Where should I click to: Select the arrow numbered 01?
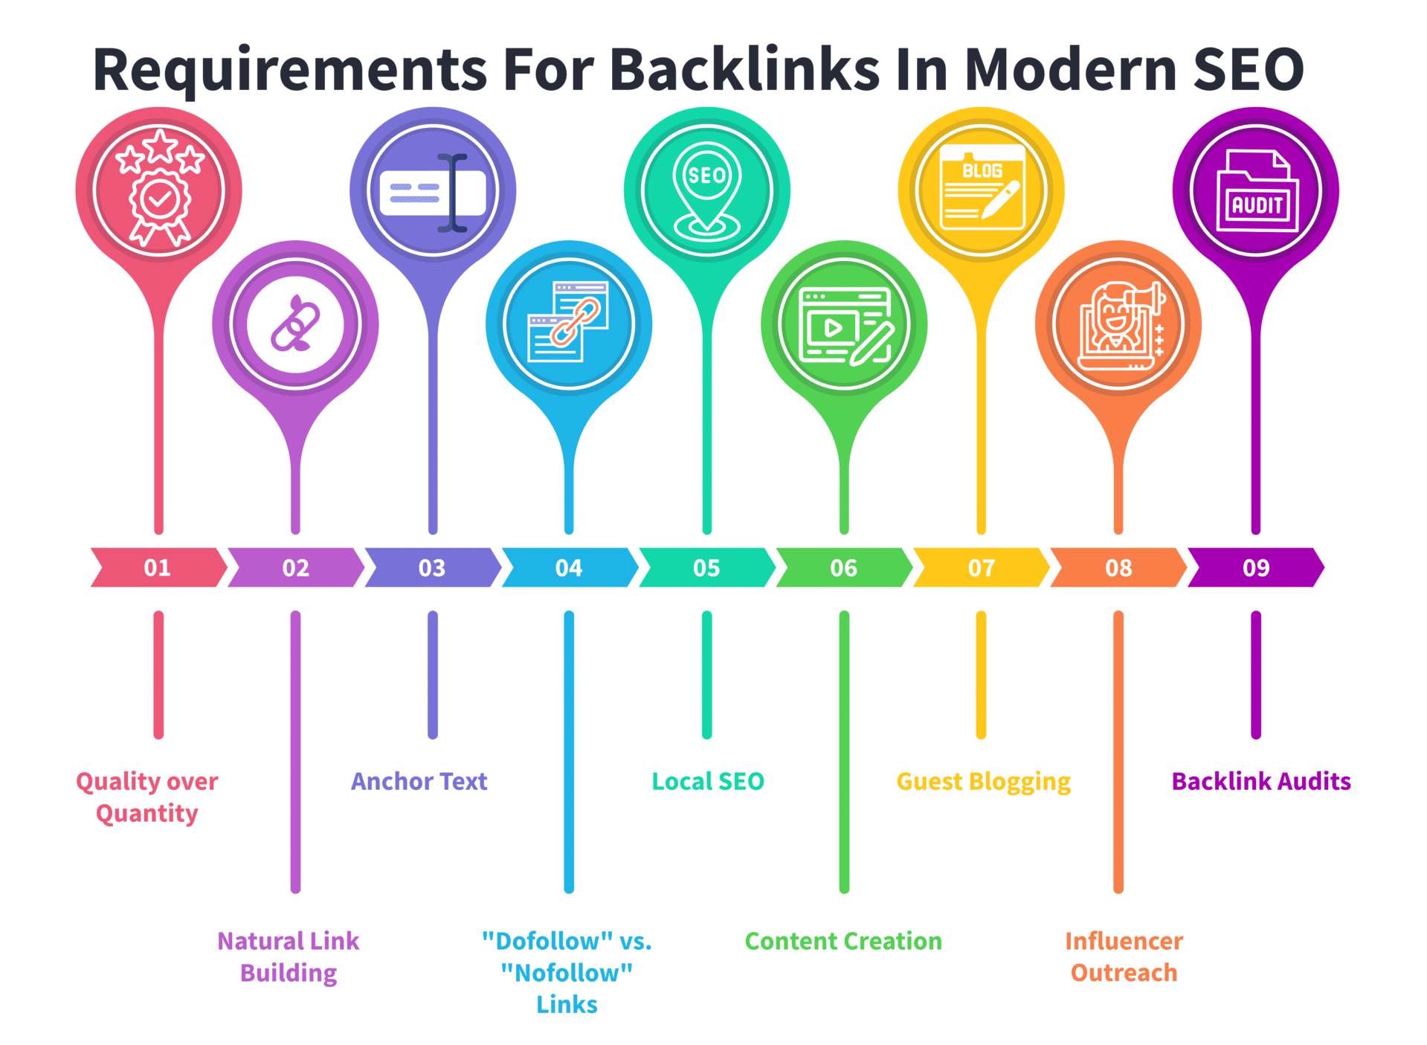pyautogui.click(x=158, y=567)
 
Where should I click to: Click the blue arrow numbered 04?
pyautogui.click(x=569, y=567)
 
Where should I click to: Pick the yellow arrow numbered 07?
pyautogui.click(x=981, y=567)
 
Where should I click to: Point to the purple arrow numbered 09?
pyautogui.click(x=1255, y=567)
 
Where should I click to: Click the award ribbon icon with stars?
pyautogui.click(x=159, y=190)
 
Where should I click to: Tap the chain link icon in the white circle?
pyautogui.click(x=296, y=324)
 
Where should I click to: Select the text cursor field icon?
pyautogui.click(x=433, y=192)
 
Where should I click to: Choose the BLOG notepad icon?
pyautogui.click(x=981, y=190)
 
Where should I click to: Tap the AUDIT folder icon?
pyautogui.click(x=1256, y=192)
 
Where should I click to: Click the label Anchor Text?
pyautogui.click(x=419, y=781)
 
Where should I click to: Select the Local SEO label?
pyautogui.click(x=707, y=781)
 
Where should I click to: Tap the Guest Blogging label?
pyautogui.click(x=983, y=781)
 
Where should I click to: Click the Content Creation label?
pyautogui.click(x=843, y=941)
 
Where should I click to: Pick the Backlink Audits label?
pyautogui.click(x=1260, y=781)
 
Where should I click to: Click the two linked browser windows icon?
pyautogui.click(x=569, y=323)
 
